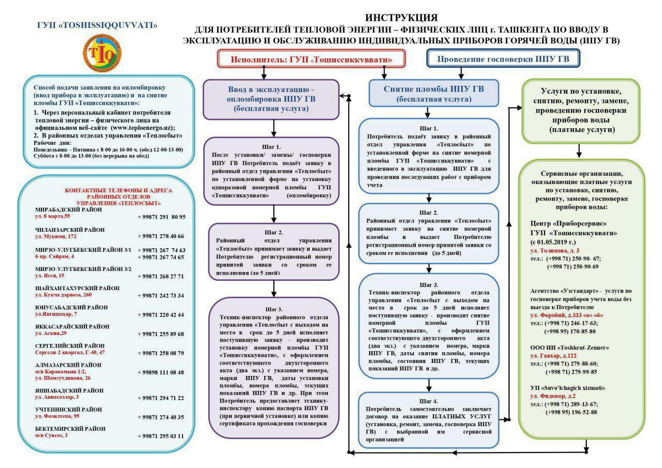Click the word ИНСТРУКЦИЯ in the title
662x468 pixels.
401,18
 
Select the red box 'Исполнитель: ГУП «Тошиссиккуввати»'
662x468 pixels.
311,59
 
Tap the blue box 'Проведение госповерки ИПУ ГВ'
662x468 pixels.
503,59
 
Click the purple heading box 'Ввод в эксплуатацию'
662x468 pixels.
271,98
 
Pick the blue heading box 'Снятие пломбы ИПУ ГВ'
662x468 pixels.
433,93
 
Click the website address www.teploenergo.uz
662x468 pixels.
143,127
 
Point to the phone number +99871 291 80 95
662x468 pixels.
161,217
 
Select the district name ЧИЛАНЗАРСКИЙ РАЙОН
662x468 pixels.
70,229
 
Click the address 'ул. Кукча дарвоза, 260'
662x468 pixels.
63,295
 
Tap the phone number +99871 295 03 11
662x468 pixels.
161,436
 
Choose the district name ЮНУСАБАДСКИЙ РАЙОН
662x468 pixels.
71,307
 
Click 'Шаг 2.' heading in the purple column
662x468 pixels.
274,232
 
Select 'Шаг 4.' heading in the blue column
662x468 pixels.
429,401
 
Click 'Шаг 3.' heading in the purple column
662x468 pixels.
274,309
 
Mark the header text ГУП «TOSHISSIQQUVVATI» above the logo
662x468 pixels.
98,25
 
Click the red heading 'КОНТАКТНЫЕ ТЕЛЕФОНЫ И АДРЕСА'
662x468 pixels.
118,190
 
